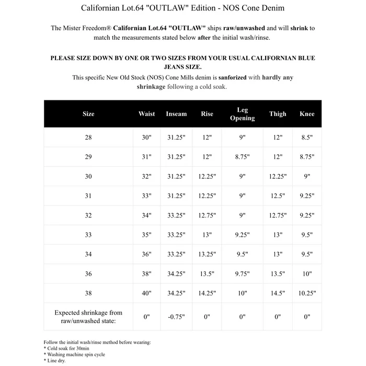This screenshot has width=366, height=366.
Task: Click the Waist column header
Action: (146, 114)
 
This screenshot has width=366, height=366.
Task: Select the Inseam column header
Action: (176, 114)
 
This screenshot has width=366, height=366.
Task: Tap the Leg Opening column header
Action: (242, 114)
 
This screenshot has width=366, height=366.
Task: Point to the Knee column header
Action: (307, 114)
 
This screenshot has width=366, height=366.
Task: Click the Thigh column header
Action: (278, 114)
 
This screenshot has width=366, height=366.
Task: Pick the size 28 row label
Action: (88, 138)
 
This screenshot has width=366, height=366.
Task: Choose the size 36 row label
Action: (88, 274)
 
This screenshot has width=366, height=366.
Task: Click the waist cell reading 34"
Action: (146, 215)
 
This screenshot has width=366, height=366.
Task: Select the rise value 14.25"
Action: (207, 293)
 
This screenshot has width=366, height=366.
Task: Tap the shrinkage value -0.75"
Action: (176, 316)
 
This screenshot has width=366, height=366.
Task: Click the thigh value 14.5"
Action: (278, 293)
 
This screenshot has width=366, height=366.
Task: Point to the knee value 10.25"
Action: (307, 293)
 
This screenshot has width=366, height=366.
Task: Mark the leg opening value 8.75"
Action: (242, 157)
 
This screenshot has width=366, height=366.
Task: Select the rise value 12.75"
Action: (207, 215)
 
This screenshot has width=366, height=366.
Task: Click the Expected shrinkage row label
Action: (88, 316)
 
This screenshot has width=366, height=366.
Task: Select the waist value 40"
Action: (146, 293)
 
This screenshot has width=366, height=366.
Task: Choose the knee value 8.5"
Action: (307, 138)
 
